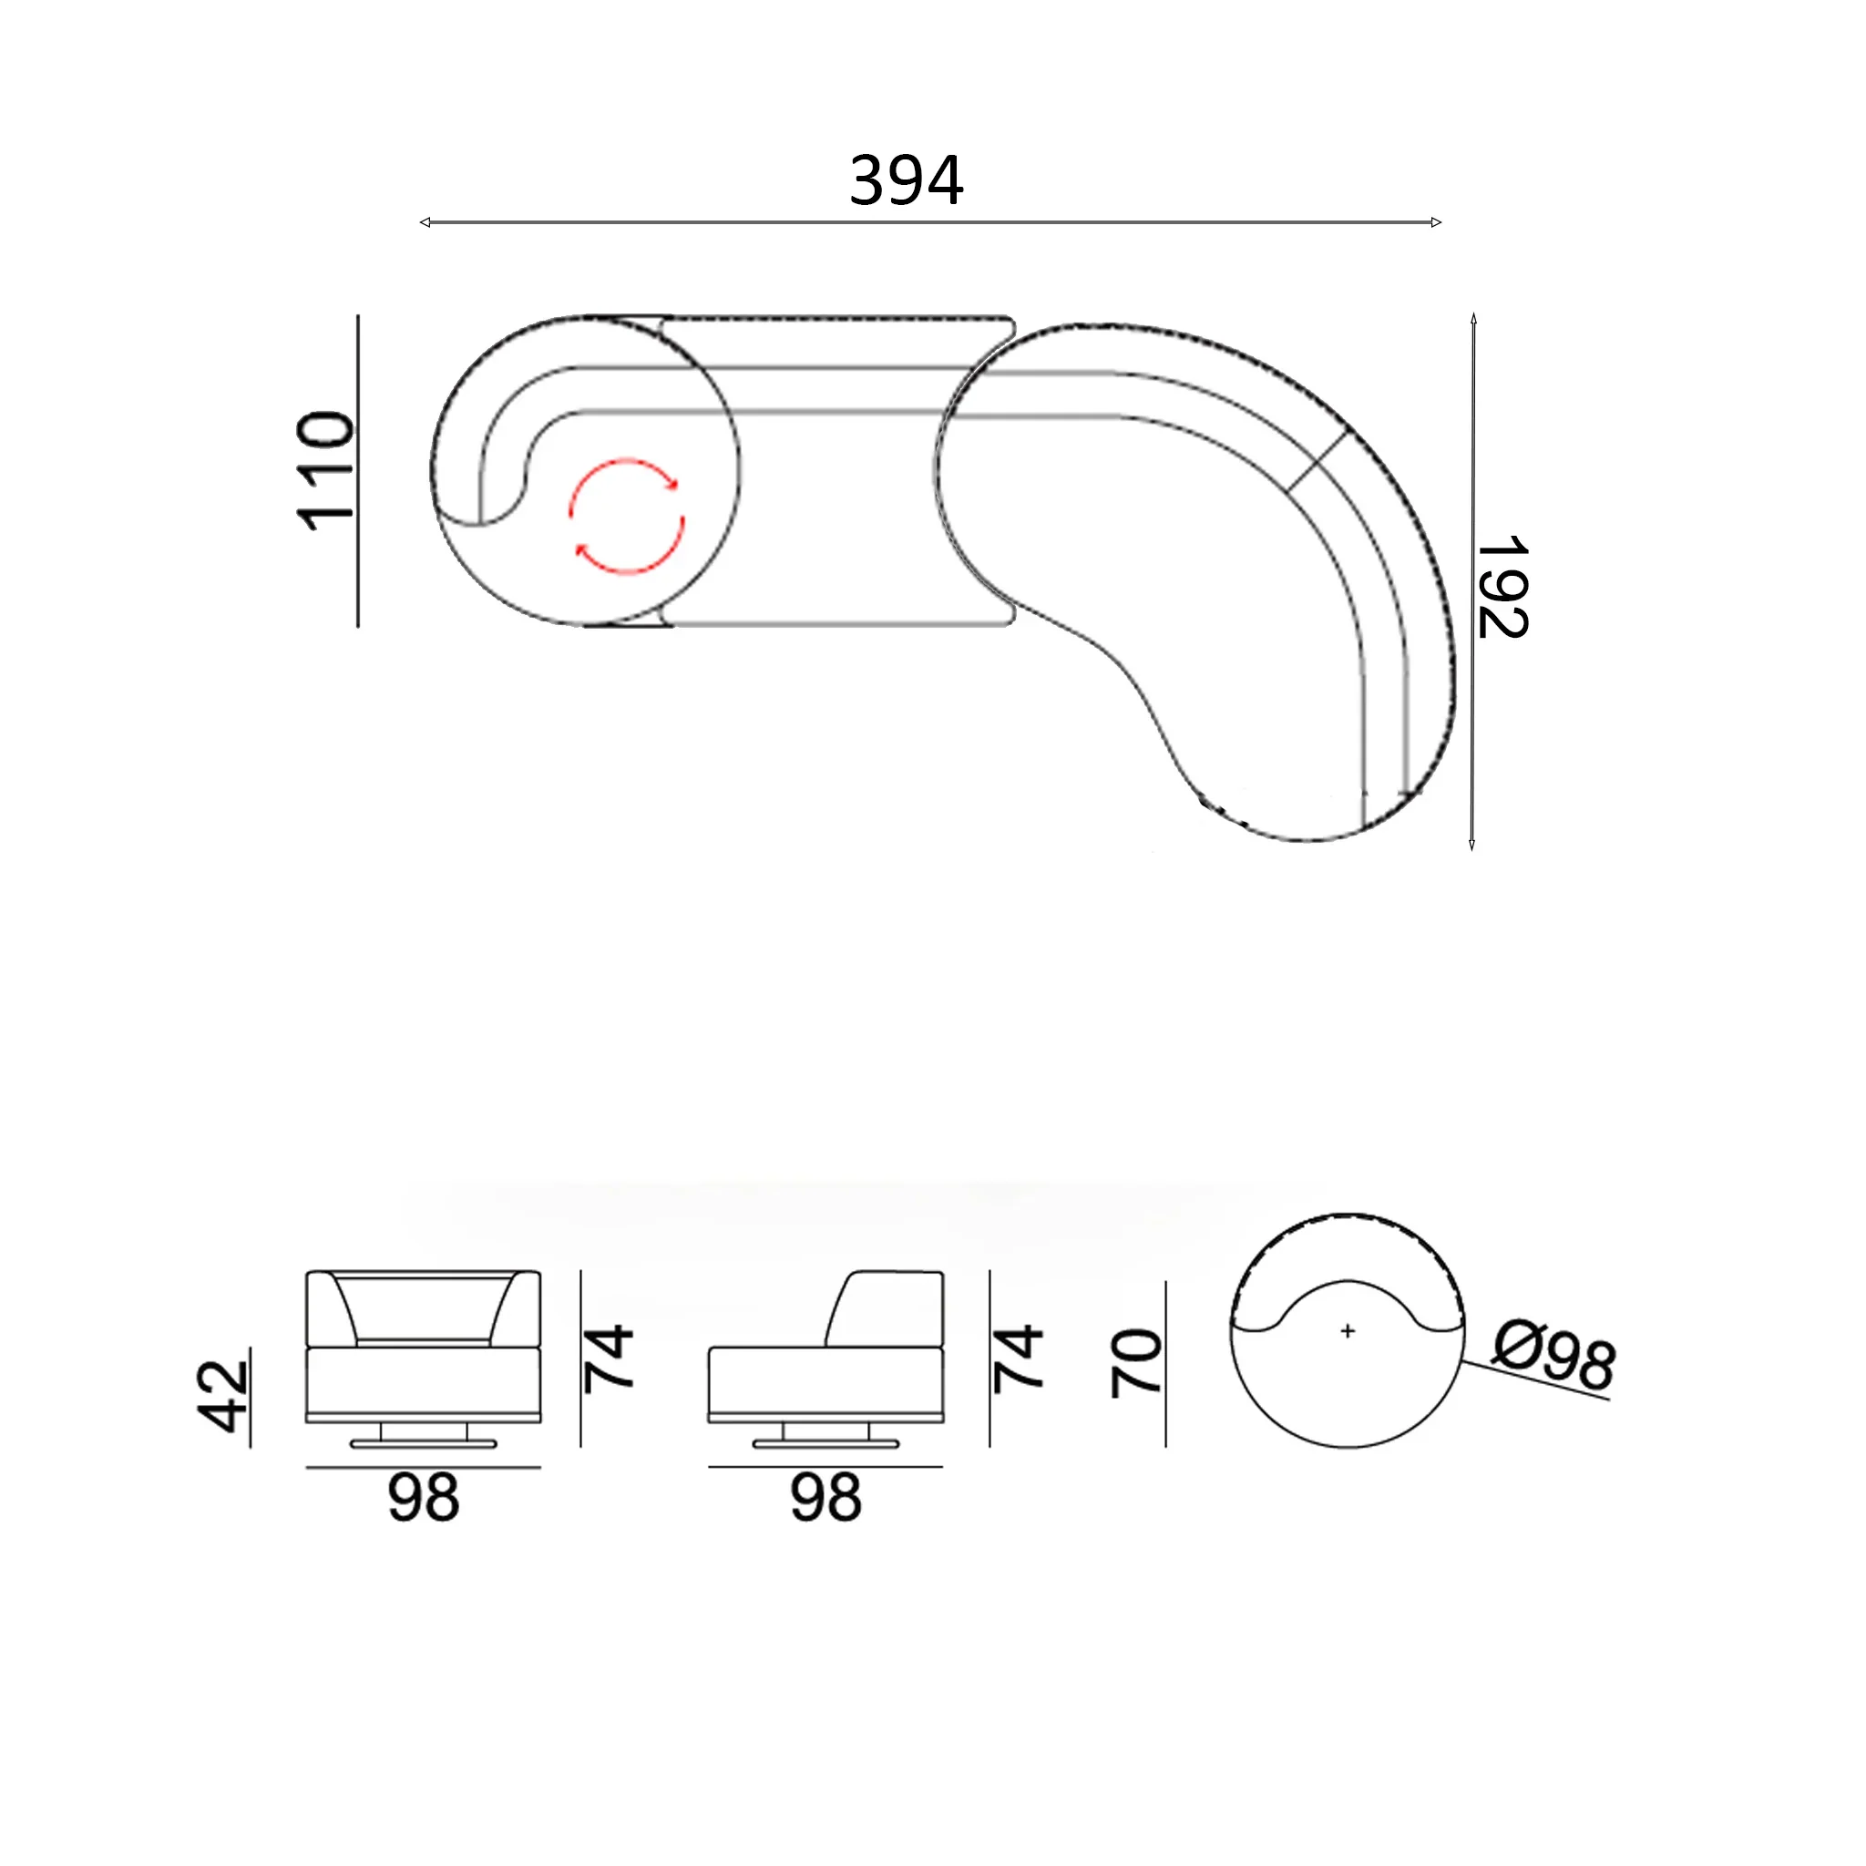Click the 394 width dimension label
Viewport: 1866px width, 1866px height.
click(x=906, y=180)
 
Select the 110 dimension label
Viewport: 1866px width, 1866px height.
click(x=324, y=470)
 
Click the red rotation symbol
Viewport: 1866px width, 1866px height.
click(x=627, y=517)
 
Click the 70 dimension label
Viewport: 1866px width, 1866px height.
click(x=1136, y=1363)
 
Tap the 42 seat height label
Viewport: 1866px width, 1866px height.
click(x=223, y=1396)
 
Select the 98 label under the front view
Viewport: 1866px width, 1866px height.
click(x=423, y=1498)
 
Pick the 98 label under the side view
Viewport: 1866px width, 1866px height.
click(x=825, y=1498)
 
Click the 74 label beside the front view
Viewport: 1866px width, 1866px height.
click(x=609, y=1358)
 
